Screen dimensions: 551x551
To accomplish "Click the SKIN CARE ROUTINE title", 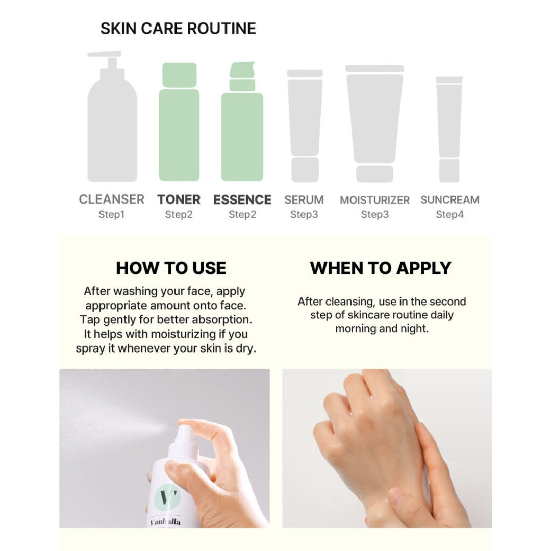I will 178,29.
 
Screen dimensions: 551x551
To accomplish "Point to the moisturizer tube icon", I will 374,122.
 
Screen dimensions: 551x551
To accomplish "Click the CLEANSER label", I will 112,199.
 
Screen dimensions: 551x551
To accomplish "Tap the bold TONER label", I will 179,199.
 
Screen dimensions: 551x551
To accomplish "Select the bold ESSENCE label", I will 242,199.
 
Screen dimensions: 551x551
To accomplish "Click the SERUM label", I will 304,199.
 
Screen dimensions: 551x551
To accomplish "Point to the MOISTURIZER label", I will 374,200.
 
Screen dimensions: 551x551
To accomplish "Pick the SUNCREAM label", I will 450,199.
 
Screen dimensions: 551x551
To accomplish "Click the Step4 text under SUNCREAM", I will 450,215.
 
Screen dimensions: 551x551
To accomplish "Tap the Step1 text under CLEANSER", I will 112,215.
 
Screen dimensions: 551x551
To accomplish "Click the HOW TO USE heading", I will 171,268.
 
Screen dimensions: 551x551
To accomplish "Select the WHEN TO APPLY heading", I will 381,268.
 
